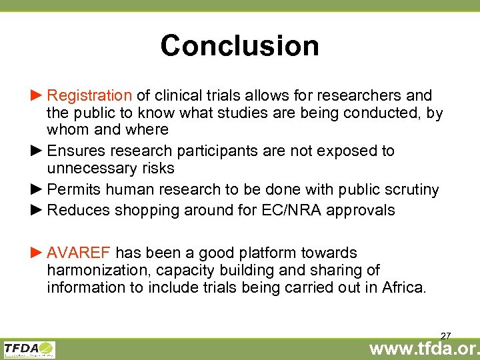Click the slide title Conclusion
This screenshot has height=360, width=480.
pos(239,45)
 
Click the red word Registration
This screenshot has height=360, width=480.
pos(90,96)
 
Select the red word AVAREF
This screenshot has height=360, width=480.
pos(79,253)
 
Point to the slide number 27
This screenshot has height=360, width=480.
pos(446,335)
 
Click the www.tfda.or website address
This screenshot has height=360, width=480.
pos(425,348)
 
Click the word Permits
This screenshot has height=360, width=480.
pos(73,190)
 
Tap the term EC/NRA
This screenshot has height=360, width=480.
pos(302,211)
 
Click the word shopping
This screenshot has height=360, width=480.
pos(144,211)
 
